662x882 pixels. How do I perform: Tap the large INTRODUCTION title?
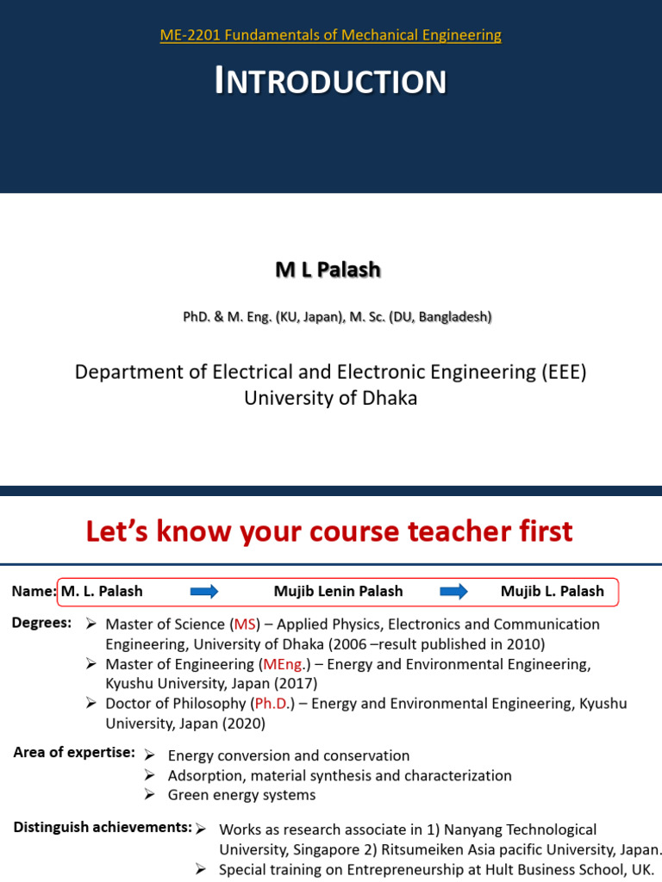(x=331, y=82)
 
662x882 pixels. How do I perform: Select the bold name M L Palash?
(x=328, y=270)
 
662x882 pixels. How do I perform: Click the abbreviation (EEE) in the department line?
(x=564, y=372)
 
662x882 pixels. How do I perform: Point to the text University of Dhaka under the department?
(x=331, y=399)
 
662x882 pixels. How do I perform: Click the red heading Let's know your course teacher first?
(x=329, y=532)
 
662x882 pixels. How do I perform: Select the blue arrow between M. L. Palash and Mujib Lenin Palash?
(x=204, y=592)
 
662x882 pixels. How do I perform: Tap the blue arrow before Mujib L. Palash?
(x=453, y=592)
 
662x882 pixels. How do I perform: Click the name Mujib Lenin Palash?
(x=338, y=592)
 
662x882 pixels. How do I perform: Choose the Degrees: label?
(x=41, y=623)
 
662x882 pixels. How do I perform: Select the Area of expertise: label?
(x=74, y=753)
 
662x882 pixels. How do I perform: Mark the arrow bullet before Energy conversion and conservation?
(x=149, y=755)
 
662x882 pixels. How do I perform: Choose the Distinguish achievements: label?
(x=103, y=828)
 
